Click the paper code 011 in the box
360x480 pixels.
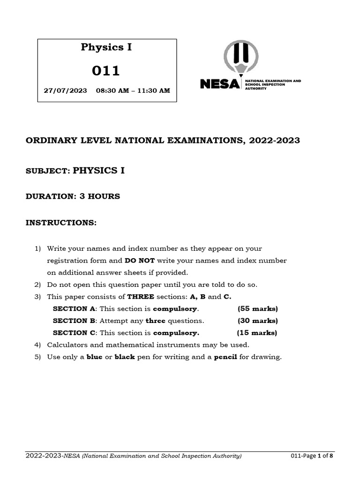pos(106,71)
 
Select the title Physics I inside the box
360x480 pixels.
pos(106,47)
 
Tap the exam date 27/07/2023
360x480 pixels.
pos(65,90)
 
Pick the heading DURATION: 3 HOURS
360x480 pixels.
pos(73,196)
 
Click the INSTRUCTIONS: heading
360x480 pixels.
pos(60,223)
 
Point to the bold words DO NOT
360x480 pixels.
pos(140,260)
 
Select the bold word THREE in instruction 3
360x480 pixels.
pos(141,297)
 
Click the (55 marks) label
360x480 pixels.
pos(258,309)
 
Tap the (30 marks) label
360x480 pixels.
pos(258,321)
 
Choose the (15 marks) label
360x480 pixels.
pos(257,333)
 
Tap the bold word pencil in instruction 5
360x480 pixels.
pos(225,357)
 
